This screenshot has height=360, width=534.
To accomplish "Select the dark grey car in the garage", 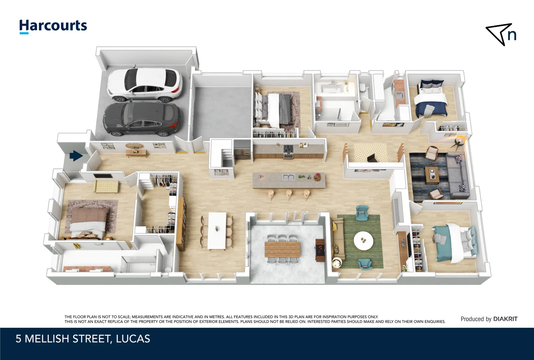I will [x=142, y=119].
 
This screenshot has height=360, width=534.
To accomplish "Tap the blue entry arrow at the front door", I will [x=76, y=156].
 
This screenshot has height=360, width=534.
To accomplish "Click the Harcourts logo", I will [x=53, y=26].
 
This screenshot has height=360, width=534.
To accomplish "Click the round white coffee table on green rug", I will [x=363, y=241].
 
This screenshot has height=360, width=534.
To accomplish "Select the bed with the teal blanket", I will [x=454, y=242].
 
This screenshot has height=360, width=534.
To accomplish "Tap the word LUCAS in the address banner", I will [x=133, y=339].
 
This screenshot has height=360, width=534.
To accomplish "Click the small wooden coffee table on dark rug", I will [x=432, y=175].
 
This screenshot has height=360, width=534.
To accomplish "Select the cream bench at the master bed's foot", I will [x=106, y=186].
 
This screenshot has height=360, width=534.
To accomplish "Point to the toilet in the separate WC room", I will [x=363, y=88].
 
